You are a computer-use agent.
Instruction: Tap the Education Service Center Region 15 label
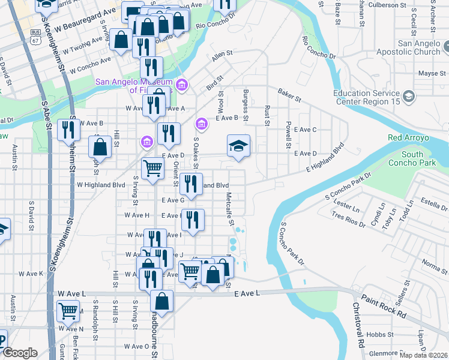click(367, 97)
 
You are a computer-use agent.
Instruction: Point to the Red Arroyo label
click(408, 137)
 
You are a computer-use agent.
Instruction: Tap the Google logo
click(19, 353)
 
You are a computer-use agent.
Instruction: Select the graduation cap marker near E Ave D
click(238, 146)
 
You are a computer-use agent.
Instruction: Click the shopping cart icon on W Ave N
click(68, 311)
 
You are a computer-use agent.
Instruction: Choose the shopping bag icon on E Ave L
click(161, 300)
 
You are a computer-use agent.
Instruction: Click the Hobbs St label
click(380, 334)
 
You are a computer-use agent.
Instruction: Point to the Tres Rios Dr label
click(348, 220)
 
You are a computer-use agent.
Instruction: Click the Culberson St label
click(391, 5)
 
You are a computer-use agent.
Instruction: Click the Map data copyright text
click(424, 355)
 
